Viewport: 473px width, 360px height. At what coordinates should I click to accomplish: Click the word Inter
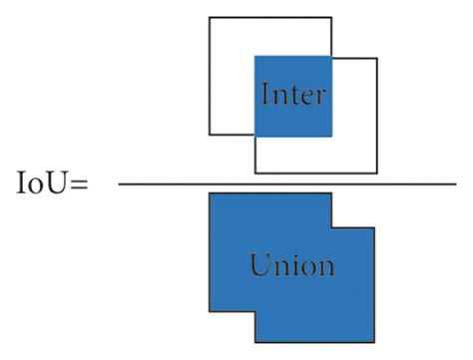pos(293,95)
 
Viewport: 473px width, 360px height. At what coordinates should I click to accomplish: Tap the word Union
pos(292,266)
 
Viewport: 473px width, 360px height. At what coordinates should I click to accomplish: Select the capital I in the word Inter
pos(264,95)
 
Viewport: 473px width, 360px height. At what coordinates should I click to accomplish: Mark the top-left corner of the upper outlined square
pos(209,17)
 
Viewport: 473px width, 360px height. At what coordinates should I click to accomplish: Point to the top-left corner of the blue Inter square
pos(255,56)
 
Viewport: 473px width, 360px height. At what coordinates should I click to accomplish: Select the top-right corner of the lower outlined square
pos(377,58)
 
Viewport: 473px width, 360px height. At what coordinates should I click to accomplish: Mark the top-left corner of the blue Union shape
pos(209,193)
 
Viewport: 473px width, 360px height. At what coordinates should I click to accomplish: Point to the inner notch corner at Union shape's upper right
pos(332,227)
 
